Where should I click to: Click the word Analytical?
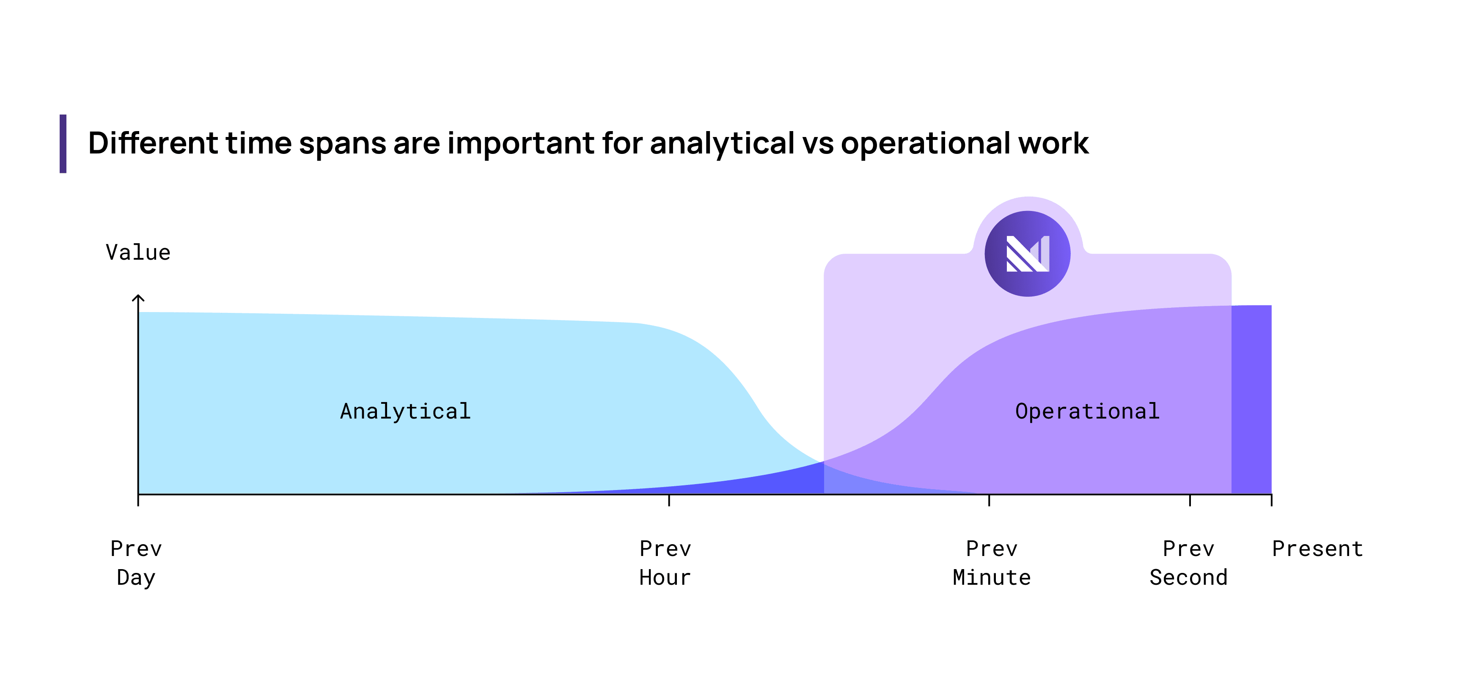click(x=405, y=411)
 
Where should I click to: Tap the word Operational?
click(x=1087, y=411)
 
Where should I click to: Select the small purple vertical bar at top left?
click(x=63, y=144)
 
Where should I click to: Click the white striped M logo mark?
click(x=1028, y=254)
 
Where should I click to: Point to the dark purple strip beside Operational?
click(x=1251, y=399)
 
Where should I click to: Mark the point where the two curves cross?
click(x=823, y=462)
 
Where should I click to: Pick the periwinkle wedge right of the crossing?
click(x=854, y=484)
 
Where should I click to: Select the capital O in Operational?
click(x=1022, y=411)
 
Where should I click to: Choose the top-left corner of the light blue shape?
click(x=140, y=313)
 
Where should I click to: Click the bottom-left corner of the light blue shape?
click(x=140, y=492)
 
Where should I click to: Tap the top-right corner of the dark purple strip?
click(x=1270, y=307)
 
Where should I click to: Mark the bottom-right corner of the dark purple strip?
click(x=1270, y=492)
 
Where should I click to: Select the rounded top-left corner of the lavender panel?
click(x=831, y=262)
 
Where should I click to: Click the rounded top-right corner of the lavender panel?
click(x=1223, y=262)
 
